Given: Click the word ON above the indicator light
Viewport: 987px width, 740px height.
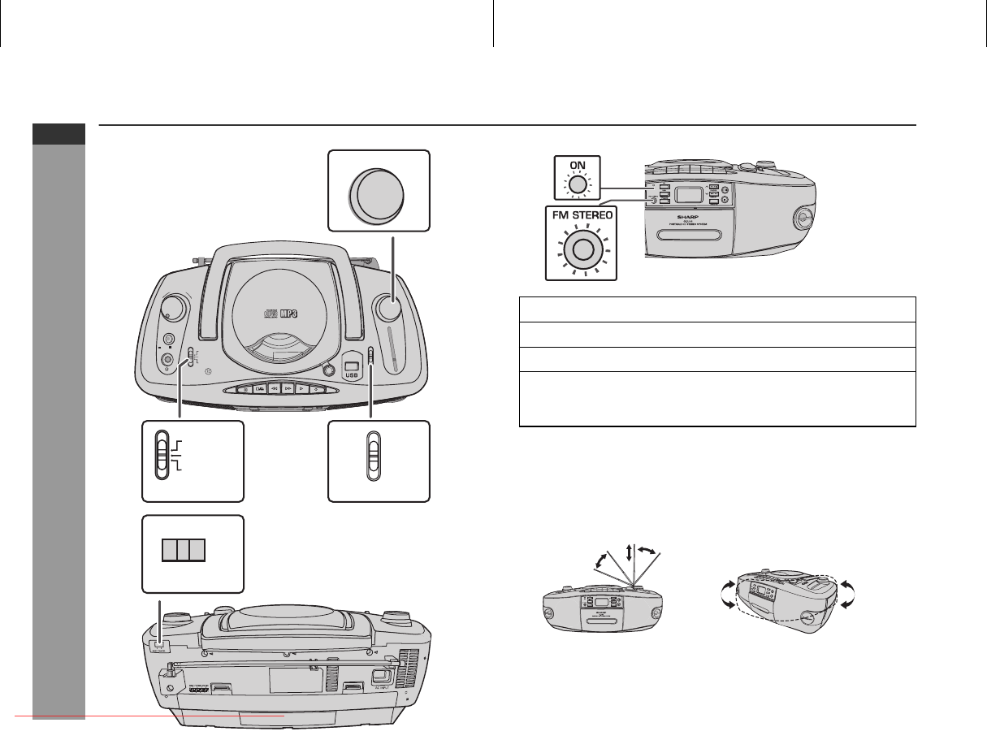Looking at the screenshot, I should (x=577, y=163).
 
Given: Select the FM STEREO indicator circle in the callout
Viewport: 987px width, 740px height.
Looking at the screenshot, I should (x=579, y=251).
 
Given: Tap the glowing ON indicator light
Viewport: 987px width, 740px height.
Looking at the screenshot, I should (x=577, y=185).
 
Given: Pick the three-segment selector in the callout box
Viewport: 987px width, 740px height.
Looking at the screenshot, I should (x=182, y=551).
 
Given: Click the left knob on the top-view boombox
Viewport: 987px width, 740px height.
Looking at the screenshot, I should (x=171, y=307).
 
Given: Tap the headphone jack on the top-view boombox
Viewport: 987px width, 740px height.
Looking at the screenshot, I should (x=168, y=360).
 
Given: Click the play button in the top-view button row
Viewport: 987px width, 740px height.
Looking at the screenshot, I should (x=301, y=389).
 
